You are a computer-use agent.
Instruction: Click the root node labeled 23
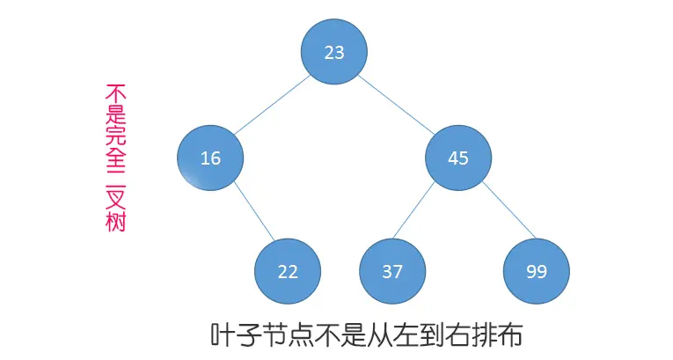(x=334, y=52)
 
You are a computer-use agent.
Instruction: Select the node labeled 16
(x=210, y=158)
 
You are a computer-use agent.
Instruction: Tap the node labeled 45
(x=458, y=158)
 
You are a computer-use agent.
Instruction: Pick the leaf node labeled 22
(x=288, y=271)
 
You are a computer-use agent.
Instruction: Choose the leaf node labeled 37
(x=392, y=271)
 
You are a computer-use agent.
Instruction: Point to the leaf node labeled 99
(x=537, y=271)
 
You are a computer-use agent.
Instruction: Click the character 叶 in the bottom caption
(x=223, y=335)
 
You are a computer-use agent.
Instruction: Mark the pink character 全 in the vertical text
(x=115, y=155)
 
